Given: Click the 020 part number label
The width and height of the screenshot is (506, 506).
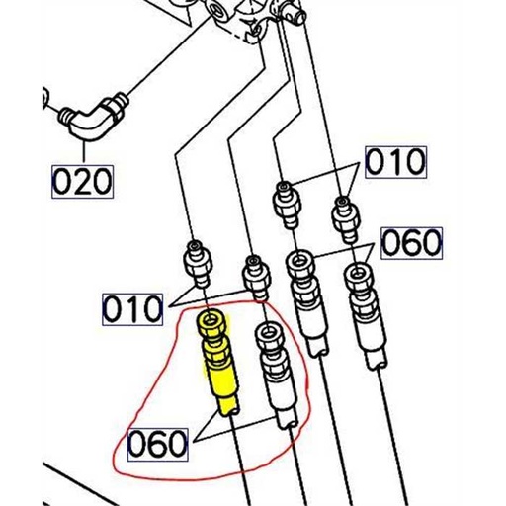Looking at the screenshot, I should (x=83, y=181).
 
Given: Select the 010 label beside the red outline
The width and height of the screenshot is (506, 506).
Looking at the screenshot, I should (x=133, y=308).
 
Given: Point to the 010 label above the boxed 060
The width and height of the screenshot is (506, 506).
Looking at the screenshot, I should (x=396, y=161).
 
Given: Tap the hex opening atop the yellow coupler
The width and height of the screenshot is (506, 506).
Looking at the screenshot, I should (x=213, y=323).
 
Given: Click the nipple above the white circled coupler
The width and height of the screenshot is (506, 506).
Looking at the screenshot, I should (x=253, y=276).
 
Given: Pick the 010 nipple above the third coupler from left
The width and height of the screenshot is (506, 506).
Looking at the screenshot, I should (x=287, y=197).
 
